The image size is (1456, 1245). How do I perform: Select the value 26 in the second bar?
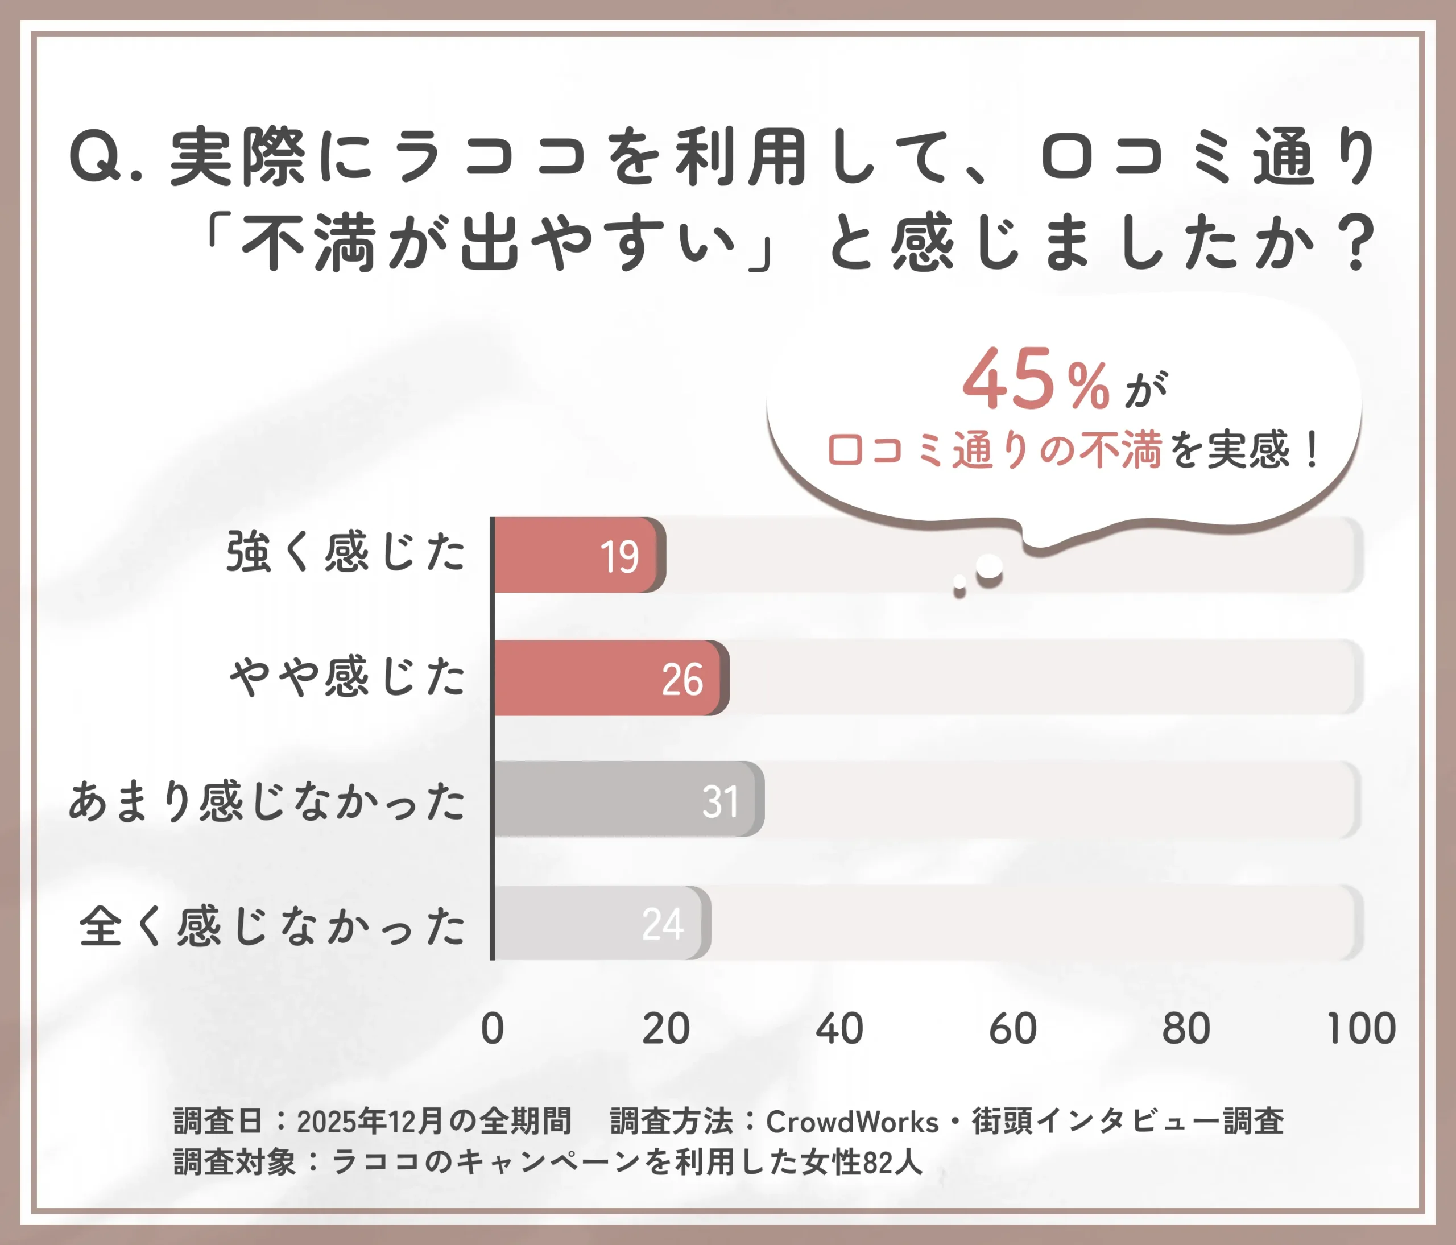pos(681,680)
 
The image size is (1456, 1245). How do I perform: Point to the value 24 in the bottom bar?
pos(663,924)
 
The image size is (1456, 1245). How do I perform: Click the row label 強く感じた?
pos(346,552)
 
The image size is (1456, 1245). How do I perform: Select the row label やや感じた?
pos(347,677)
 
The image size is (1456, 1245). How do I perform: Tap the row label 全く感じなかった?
pos(272,926)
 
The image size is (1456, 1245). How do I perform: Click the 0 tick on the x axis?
pos(493,1029)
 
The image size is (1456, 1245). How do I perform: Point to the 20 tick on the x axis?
pos(665,1029)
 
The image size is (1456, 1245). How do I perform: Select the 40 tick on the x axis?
pos(839,1029)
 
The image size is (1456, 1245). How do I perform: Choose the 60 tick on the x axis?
pos(1012,1029)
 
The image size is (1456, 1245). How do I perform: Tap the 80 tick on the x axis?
pos(1186,1029)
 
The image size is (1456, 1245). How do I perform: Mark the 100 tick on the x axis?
pos(1360,1029)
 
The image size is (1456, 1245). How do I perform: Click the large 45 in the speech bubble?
pos(1008,379)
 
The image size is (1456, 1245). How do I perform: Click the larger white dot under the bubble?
pos(990,566)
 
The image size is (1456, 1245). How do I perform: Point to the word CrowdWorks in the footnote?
pos(851,1122)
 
